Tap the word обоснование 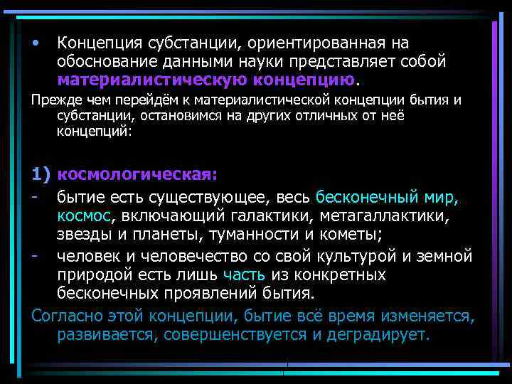(x=107, y=61)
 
